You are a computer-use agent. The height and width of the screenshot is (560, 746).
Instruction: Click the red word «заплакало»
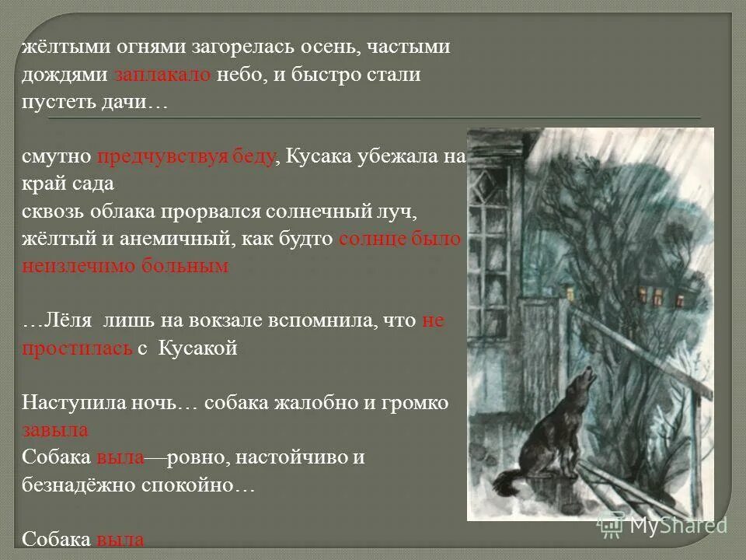point(162,75)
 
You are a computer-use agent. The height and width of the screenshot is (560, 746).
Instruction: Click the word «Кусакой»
point(197,348)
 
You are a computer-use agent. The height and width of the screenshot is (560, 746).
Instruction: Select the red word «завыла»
point(54,430)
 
